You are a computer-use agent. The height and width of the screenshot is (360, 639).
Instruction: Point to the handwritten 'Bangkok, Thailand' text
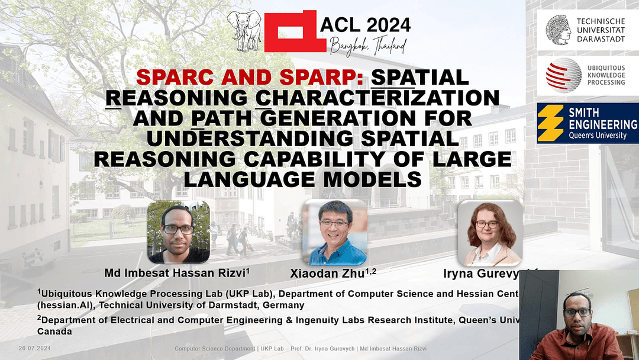369,45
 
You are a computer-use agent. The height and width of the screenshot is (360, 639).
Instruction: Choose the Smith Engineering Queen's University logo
588,123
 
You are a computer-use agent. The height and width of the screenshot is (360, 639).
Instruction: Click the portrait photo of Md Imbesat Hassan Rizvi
178,232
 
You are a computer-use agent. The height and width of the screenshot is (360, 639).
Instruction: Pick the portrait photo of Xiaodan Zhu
334,232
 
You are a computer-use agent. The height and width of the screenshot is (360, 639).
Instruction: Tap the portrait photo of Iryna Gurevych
490,232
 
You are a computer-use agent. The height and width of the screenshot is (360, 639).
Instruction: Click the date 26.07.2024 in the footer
34,348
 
